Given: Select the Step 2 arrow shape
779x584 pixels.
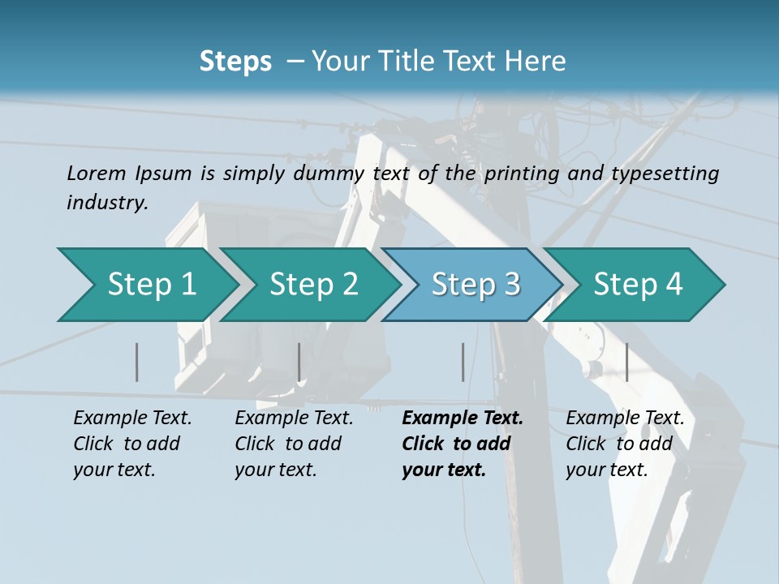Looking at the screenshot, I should click(312, 285).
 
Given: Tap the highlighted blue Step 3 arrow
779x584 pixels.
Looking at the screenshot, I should click(475, 285).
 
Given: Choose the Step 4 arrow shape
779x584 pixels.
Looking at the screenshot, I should click(637, 285).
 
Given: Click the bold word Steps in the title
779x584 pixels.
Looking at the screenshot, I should click(235, 61).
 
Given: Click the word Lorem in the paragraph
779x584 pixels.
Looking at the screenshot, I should click(97, 173).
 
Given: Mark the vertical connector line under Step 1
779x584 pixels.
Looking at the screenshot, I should click(137, 362).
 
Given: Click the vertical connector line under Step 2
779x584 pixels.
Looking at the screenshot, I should click(299, 362).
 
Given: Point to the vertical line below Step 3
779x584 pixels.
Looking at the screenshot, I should click(463, 362).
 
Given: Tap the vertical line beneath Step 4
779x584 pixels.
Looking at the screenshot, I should click(627, 362).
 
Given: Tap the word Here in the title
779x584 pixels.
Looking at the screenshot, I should click(539, 61).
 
